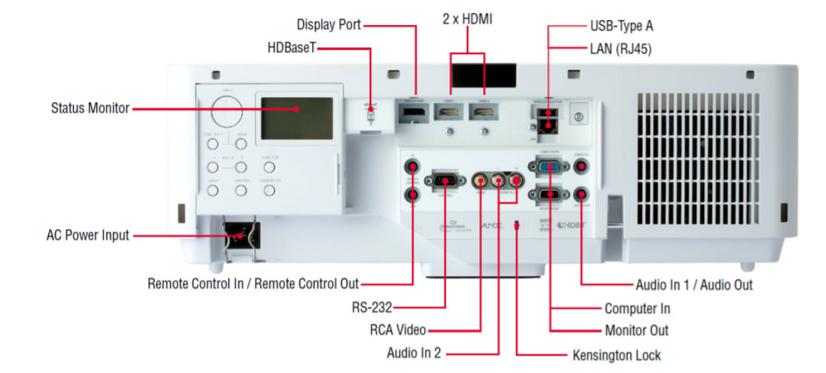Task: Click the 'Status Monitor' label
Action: (x=90, y=108)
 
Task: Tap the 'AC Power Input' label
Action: (x=88, y=235)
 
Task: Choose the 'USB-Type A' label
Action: (x=622, y=26)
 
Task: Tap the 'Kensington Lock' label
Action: (x=617, y=356)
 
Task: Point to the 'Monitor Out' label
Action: (x=636, y=331)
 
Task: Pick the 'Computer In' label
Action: (x=637, y=308)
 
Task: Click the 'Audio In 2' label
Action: (x=414, y=353)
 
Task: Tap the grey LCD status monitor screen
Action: (x=296, y=118)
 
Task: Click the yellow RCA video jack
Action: (x=480, y=179)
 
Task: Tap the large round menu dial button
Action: (x=226, y=110)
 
